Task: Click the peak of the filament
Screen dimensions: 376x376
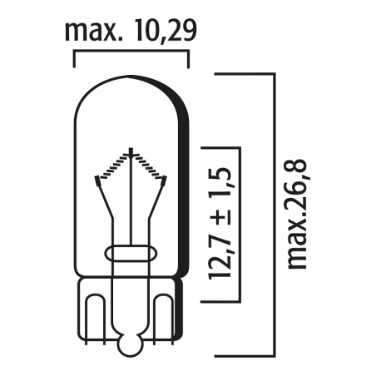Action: (x=131, y=152)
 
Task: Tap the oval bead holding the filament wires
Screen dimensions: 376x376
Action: (x=131, y=252)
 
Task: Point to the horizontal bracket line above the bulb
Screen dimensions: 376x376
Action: (x=131, y=52)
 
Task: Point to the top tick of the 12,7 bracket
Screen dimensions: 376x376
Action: (x=222, y=148)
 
